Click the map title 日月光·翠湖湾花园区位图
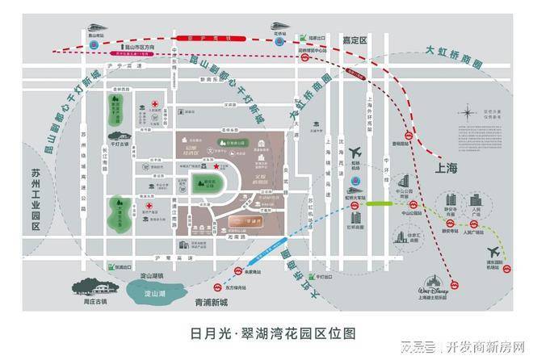tap(266, 333)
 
